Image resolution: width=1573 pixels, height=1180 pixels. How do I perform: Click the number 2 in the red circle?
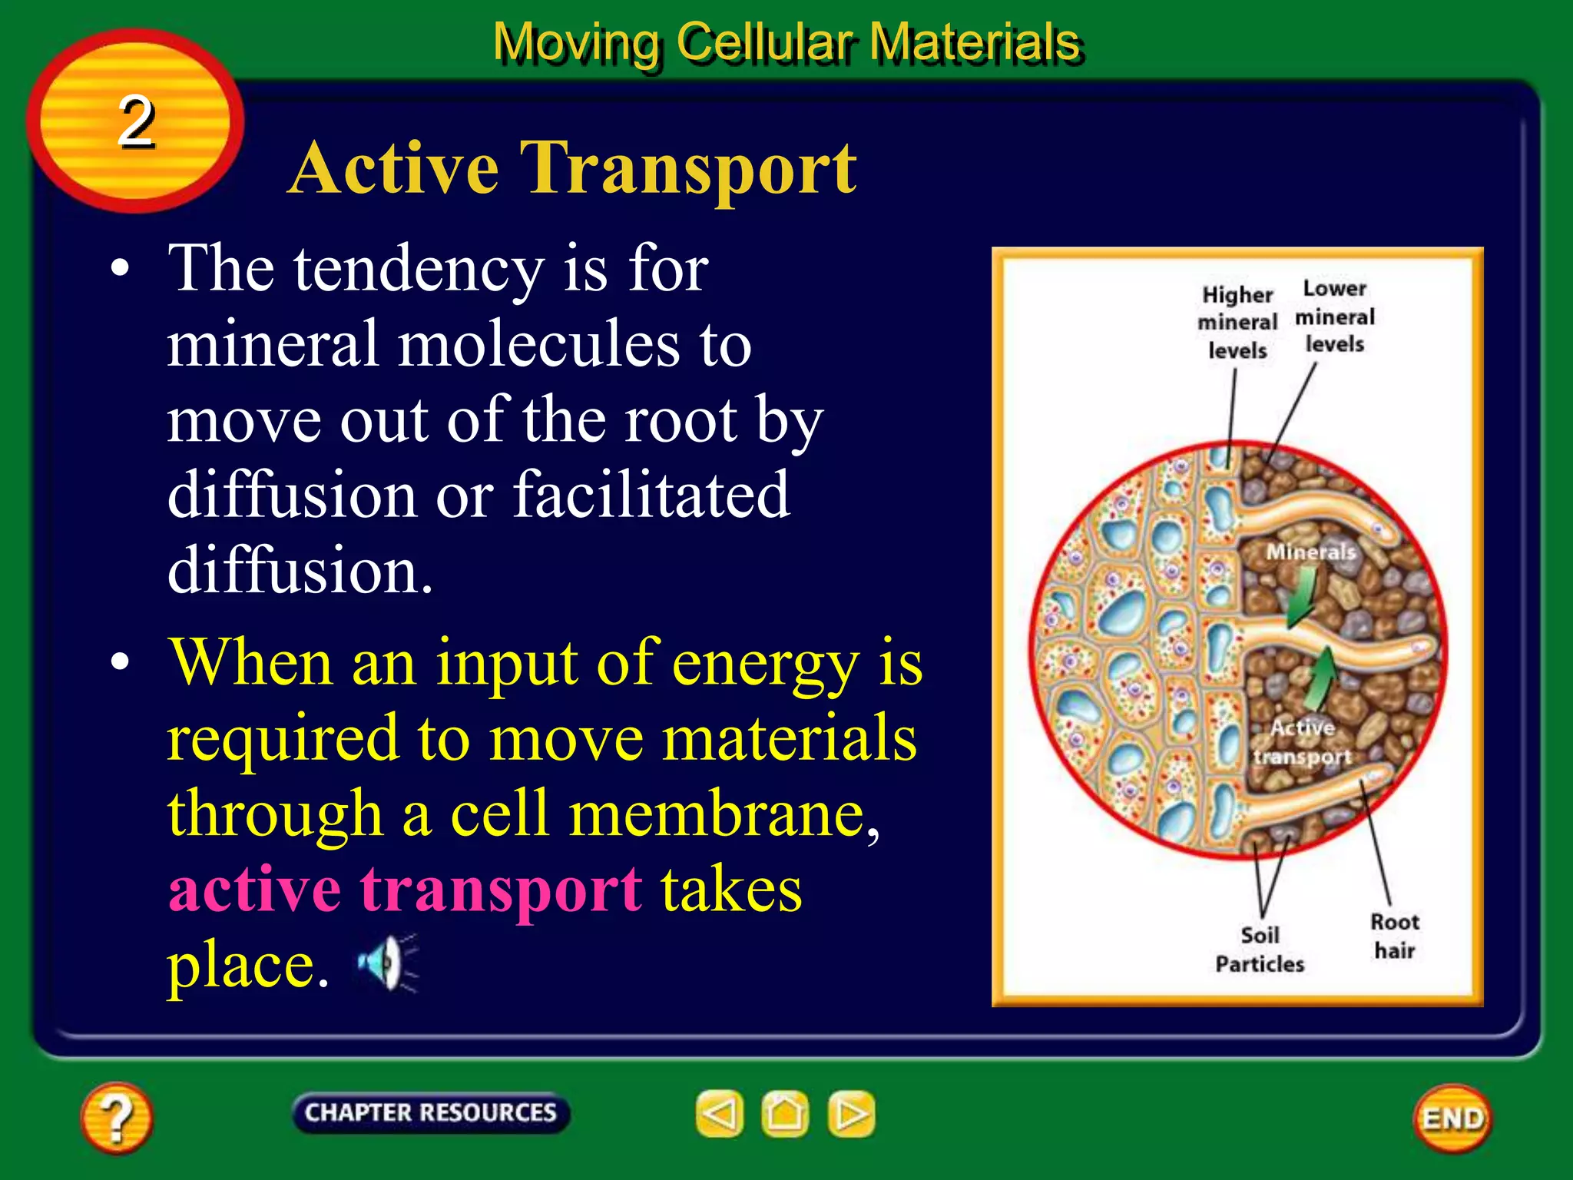136,121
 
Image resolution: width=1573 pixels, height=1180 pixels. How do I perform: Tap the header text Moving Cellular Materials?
786,41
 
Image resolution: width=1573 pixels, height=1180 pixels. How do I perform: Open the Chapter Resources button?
430,1112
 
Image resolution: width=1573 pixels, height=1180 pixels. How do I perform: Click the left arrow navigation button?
720,1113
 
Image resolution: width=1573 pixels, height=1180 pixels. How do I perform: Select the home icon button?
785,1113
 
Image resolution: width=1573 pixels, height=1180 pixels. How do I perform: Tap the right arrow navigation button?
851,1113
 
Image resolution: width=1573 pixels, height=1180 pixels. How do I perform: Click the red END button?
1452,1119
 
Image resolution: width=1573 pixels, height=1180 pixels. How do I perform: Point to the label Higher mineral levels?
1237,323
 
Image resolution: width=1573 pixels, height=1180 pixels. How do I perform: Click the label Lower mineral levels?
1335,317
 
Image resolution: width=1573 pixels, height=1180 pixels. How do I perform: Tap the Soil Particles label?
1260,950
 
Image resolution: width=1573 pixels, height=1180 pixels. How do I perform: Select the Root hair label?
1395,936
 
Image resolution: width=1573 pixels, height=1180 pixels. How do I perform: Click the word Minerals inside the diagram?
1310,552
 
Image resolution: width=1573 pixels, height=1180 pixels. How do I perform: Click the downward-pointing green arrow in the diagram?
1302,599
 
